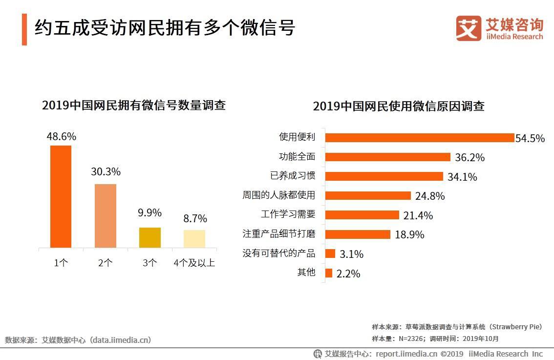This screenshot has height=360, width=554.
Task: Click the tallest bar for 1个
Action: click(61, 196)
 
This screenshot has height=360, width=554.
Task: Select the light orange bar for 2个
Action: click(106, 216)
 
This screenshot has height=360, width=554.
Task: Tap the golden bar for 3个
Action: click(149, 237)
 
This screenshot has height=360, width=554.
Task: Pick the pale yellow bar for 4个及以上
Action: click(194, 239)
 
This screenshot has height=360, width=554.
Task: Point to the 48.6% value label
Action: click(61, 137)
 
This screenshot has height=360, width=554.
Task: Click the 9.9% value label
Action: click(149, 213)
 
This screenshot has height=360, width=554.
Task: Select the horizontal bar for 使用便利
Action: click(419, 138)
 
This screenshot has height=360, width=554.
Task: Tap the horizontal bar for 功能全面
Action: click(387, 157)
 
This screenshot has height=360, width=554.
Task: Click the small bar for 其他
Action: click(329, 273)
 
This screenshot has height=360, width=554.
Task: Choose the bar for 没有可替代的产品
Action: click(330, 254)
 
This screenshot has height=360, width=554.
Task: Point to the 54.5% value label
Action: click(530, 138)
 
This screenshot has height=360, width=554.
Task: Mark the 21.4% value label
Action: click(418, 215)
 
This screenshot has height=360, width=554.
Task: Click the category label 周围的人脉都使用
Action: click(279, 195)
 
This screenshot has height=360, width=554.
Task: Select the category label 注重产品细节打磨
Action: click(279, 234)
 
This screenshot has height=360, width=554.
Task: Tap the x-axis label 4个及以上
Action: click(194, 263)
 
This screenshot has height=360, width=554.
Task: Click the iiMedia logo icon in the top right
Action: click(469, 28)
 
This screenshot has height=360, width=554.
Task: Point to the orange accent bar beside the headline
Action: click(24, 29)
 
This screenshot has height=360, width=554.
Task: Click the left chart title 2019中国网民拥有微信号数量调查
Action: click(134, 105)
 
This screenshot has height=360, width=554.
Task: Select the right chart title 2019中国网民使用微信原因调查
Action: click(399, 106)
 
